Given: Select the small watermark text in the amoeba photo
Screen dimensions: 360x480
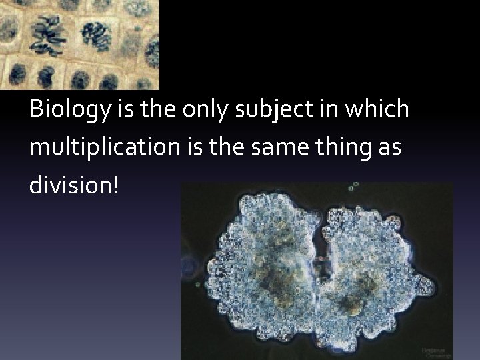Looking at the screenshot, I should click(434, 349).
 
